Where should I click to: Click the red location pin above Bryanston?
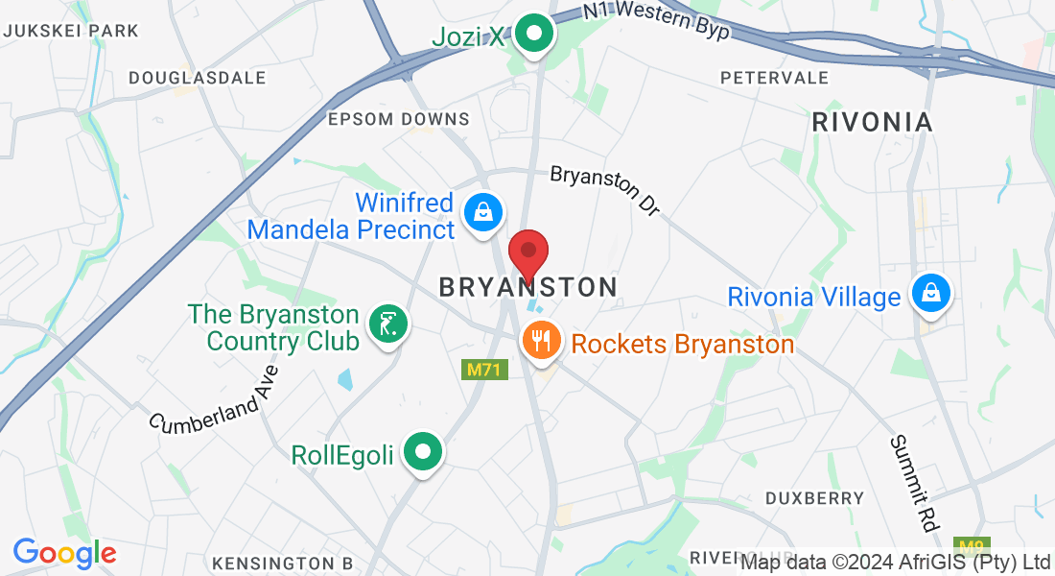coord(527,254)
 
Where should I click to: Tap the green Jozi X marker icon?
coord(534,36)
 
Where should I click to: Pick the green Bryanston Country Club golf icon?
coord(388,324)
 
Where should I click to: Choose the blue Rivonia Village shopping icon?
coord(929,293)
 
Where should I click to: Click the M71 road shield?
coord(483,370)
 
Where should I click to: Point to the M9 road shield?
coord(973,547)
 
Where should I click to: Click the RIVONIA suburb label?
coord(872,122)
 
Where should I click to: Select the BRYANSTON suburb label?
coord(527,287)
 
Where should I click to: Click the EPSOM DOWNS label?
coord(399,119)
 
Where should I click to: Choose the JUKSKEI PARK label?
coord(71,31)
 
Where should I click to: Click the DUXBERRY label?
coord(814,498)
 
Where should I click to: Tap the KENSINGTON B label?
coord(282,562)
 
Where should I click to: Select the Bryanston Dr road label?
coord(605,190)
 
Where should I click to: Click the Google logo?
coord(64,552)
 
